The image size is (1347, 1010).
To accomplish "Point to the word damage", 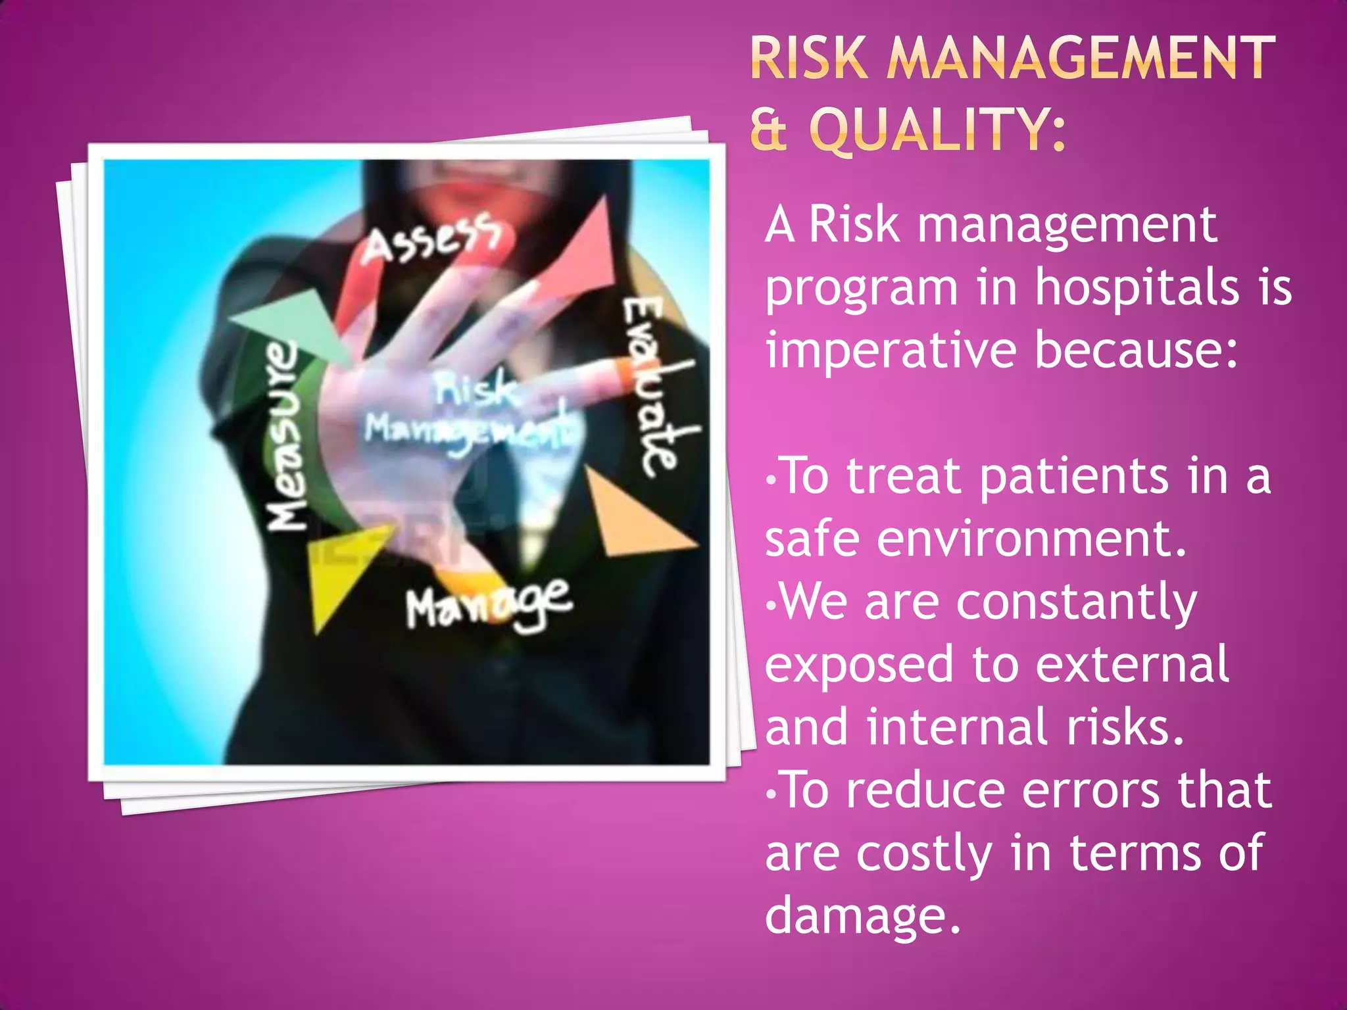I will tap(862, 916).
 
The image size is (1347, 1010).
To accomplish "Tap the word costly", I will tap(925, 854).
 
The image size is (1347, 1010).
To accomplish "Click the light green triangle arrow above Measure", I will tap(296, 322).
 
